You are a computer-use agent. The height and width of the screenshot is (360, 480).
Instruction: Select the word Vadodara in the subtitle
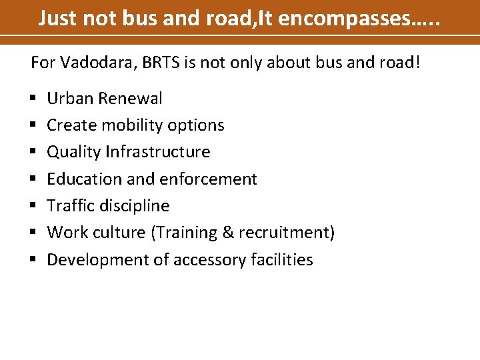(x=91, y=63)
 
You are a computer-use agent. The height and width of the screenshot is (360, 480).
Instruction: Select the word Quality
(x=73, y=152)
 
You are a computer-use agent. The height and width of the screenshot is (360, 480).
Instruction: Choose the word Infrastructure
(x=157, y=152)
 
